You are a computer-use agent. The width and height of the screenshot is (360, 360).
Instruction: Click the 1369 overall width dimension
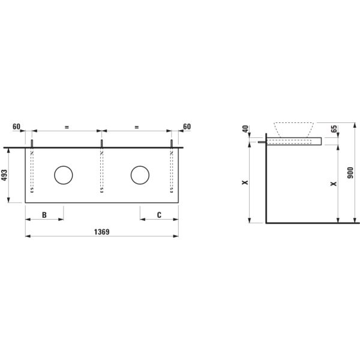(102, 230)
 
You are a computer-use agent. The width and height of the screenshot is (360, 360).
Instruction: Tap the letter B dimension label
(44, 214)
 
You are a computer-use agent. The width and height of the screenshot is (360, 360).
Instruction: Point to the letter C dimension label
(159, 214)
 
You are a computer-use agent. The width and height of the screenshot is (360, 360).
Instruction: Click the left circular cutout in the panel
(63, 175)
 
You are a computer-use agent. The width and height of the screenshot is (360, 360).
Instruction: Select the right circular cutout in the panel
(139, 175)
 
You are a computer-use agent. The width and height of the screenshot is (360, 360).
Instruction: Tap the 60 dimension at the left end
(17, 127)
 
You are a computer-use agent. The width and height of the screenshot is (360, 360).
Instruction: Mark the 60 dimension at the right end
(186, 127)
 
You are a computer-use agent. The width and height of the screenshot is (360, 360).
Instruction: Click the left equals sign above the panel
(67, 127)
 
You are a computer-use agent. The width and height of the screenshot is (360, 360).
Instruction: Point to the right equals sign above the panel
(136, 127)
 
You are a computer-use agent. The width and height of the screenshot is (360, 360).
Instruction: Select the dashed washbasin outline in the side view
(294, 129)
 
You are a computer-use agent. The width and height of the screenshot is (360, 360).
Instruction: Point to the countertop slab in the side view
(294, 142)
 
